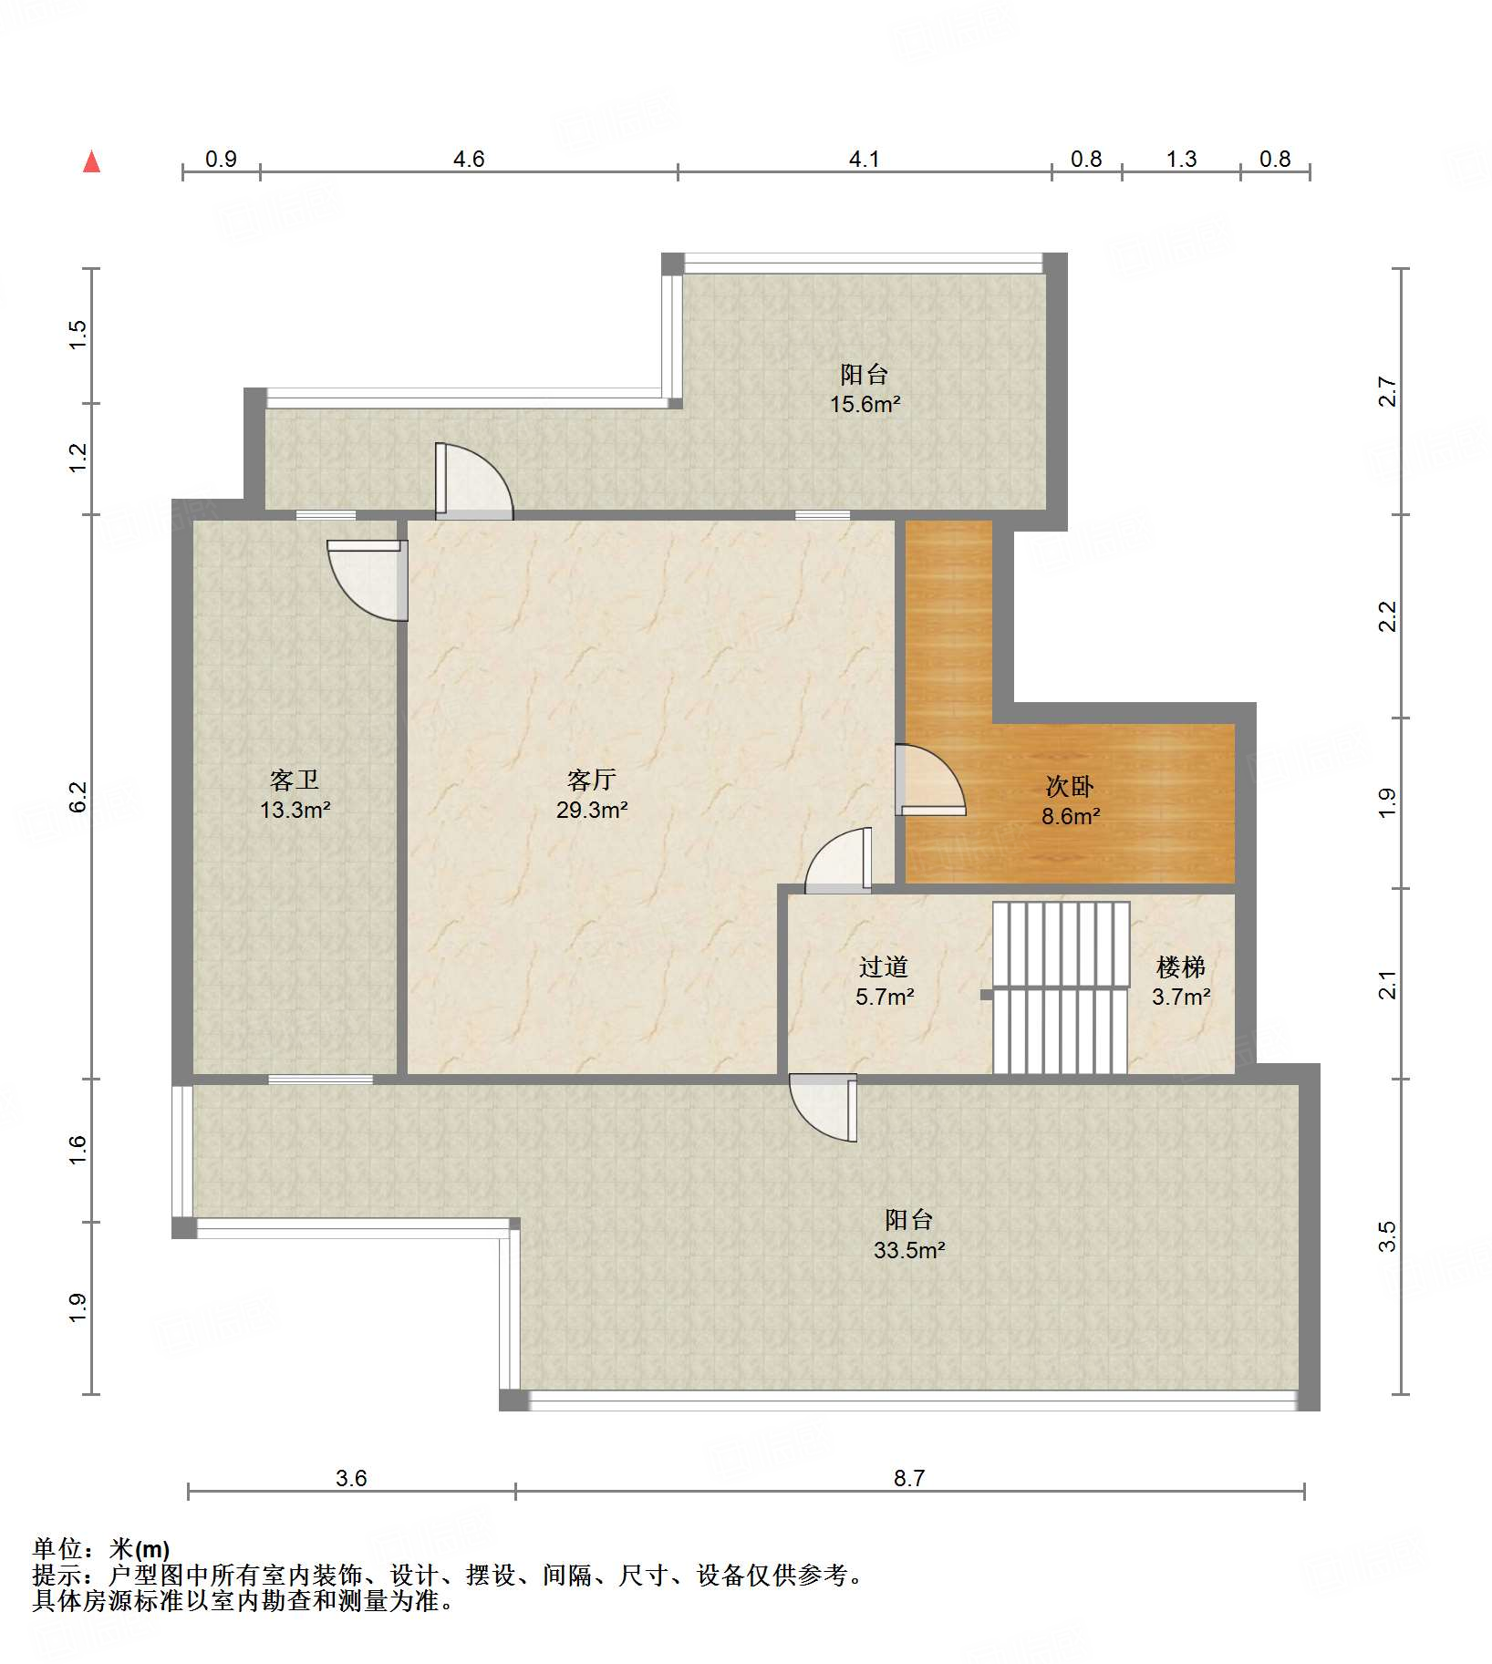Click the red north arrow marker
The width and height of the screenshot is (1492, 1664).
tap(91, 161)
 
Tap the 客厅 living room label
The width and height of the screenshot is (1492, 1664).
tap(591, 780)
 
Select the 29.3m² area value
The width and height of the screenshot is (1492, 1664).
tap(592, 810)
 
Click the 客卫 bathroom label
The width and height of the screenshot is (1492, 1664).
tap(295, 780)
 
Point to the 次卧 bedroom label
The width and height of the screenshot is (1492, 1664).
tap(1070, 786)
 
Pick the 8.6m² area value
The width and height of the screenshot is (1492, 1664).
tap(1071, 816)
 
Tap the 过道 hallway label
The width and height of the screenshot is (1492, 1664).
tap(884, 966)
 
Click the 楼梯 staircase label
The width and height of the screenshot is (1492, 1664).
tap(1181, 966)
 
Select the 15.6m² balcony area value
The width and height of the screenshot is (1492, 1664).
tap(865, 404)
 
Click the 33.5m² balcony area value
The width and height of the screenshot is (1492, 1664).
tap(909, 1250)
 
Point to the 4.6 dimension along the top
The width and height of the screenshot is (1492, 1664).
tap(469, 159)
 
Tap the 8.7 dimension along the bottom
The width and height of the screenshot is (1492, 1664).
tap(909, 1478)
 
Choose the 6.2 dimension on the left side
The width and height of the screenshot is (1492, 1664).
tap(78, 796)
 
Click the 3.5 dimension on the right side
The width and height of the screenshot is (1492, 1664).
tap(1387, 1237)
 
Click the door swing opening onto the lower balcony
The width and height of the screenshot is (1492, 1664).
tap(823, 1108)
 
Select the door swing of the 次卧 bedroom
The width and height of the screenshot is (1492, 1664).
tap(930, 780)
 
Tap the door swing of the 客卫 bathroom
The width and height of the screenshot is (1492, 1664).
tap(368, 581)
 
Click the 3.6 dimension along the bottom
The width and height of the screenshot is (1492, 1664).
tap(351, 1478)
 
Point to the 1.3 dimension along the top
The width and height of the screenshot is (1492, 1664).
tap(1181, 159)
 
